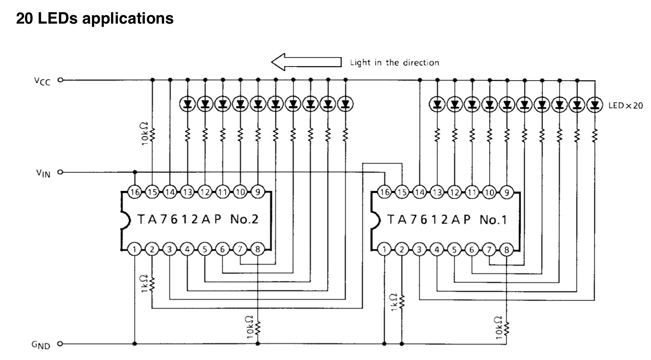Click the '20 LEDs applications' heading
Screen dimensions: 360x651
[95, 19]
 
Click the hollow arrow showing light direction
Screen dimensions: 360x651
[306, 62]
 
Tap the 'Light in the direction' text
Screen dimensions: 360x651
[394, 63]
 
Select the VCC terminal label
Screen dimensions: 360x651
[43, 81]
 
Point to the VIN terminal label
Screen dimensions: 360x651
[43, 173]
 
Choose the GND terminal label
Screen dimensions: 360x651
[41, 345]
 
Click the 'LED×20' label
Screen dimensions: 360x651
[626, 105]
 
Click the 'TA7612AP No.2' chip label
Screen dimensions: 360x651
[197, 219]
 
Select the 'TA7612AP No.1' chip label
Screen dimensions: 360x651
[447, 219]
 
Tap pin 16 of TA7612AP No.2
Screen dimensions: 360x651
[135, 192]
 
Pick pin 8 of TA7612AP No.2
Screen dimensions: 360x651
[257, 250]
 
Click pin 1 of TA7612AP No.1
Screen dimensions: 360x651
[384, 250]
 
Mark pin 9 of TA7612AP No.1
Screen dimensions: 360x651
[506, 192]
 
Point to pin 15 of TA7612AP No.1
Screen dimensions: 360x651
[402, 192]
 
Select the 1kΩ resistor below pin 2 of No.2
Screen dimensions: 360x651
[153, 284]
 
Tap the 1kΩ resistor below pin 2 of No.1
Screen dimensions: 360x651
[402, 302]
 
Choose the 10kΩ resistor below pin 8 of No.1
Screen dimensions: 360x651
[506, 327]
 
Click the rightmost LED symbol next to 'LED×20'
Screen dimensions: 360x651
[595, 104]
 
